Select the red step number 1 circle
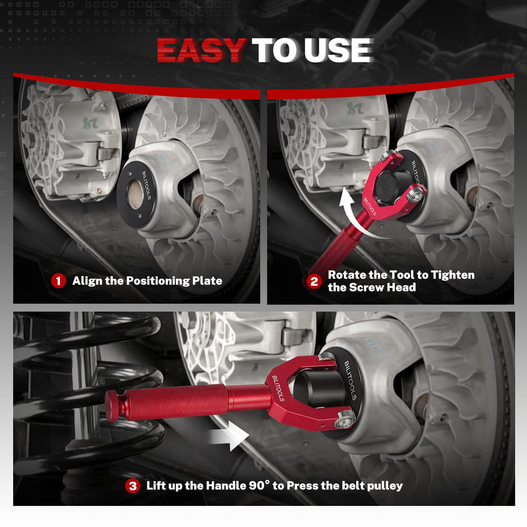click(58, 281)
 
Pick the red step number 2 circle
click(314, 281)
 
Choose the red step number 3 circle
click(133, 486)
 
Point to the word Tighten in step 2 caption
click(453, 275)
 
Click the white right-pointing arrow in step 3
click(229, 436)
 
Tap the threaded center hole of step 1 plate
click(136, 194)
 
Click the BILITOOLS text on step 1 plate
click(147, 185)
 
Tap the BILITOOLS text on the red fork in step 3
click(278, 388)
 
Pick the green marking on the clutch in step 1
click(90, 122)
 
